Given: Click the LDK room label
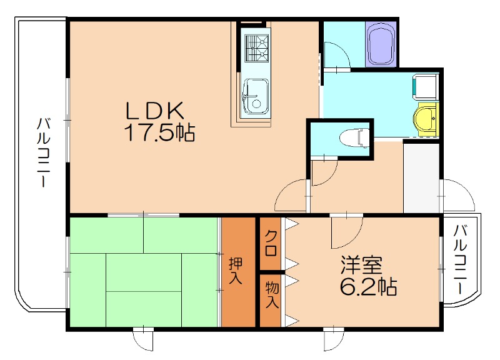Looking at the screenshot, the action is coord(156,111).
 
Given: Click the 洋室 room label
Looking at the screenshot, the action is coord(361,265).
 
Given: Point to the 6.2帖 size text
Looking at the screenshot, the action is coord(369,286).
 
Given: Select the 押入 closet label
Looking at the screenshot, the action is coord(236,271).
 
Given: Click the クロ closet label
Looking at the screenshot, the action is coord(271,243).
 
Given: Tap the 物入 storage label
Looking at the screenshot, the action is coord(272,294).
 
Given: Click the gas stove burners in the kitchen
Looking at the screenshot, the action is coord(256,48).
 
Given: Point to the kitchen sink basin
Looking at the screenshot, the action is coord(256,96).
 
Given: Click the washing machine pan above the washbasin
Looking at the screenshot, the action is coord(426,86).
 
